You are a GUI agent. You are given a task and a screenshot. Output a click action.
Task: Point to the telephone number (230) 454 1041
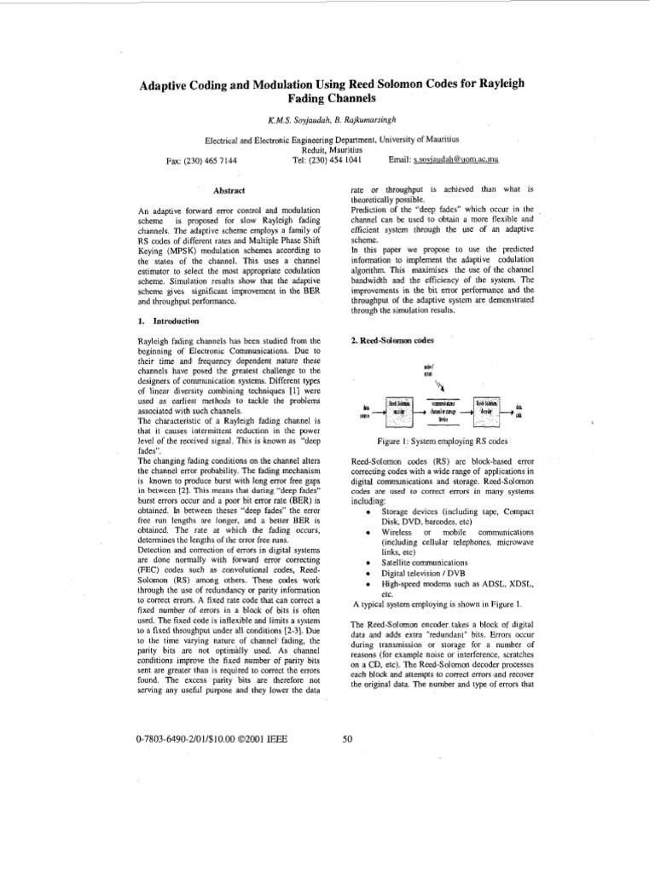tap(327, 159)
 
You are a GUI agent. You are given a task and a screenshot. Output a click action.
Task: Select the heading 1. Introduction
tap(168, 321)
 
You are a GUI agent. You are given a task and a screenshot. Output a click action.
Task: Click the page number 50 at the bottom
tap(347, 739)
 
